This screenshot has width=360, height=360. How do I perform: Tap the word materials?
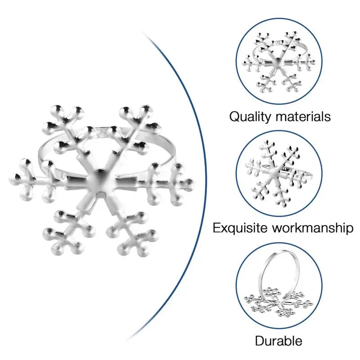tap(303, 116)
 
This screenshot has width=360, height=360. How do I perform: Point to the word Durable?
tap(279, 341)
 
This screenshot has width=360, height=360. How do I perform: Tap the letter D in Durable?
tap(260, 341)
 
